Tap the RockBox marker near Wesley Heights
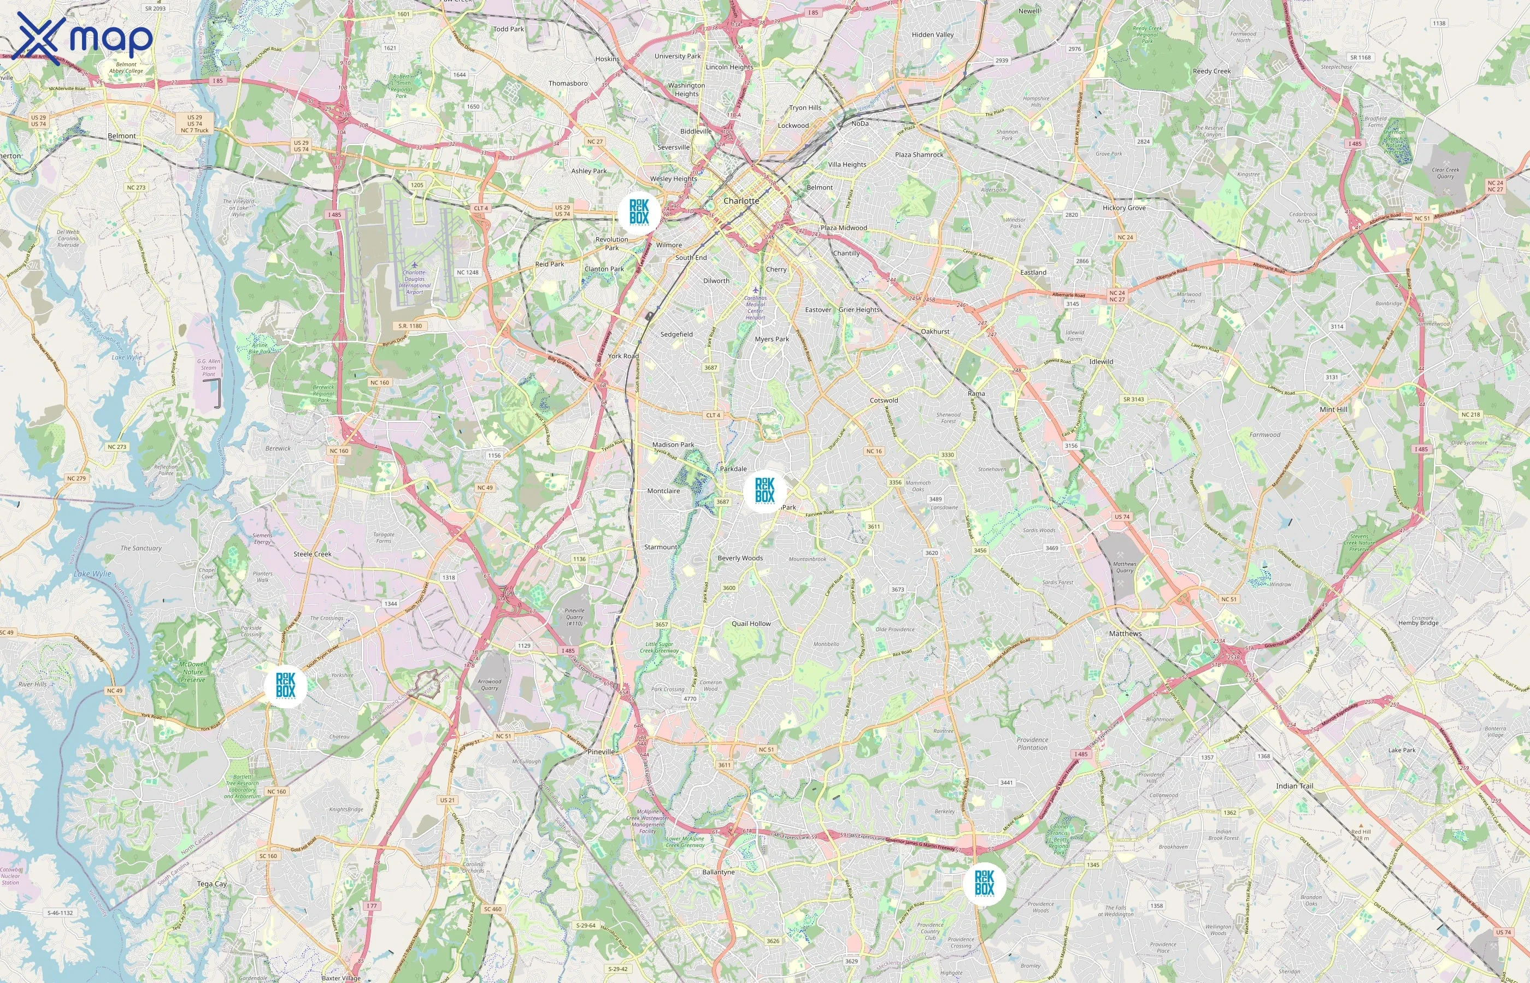click(x=639, y=211)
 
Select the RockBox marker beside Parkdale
click(x=764, y=490)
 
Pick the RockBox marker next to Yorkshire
click(x=285, y=685)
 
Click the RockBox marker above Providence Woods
click(x=984, y=884)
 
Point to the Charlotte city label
click(x=741, y=201)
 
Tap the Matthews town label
click(x=1125, y=633)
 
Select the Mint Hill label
click(x=1333, y=409)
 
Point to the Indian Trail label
click(x=1294, y=786)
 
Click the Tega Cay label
click(x=212, y=884)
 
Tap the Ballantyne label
click(x=719, y=872)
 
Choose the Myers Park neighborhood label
click(x=772, y=339)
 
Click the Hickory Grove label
click(x=1124, y=208)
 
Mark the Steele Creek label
click(x=312, y=554)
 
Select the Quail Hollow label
click(x=751, y=624)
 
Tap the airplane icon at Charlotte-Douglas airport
click(x=414, y=264)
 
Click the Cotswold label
click(x=884, y=400)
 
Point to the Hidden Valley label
click(x=932, y=34)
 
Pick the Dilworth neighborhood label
click(x=716, y=281)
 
